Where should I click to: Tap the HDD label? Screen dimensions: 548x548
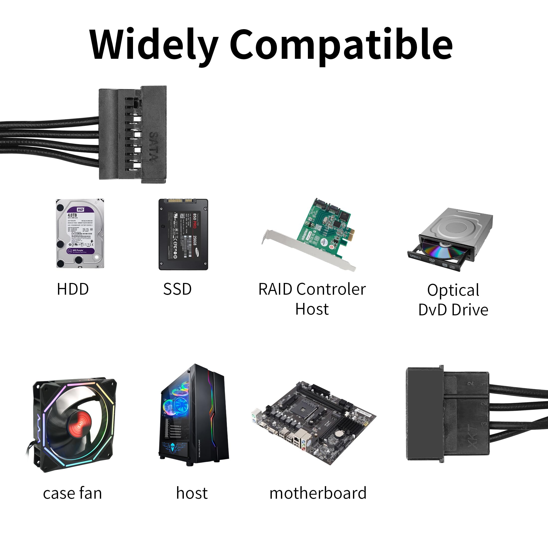tap(73, 289)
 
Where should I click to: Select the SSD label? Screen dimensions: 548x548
tap(177, 289)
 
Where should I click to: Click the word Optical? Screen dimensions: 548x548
tap(453, 290)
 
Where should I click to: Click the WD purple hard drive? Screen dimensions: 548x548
tap(80, 233)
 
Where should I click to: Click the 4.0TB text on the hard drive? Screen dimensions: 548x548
tap(72, 215)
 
